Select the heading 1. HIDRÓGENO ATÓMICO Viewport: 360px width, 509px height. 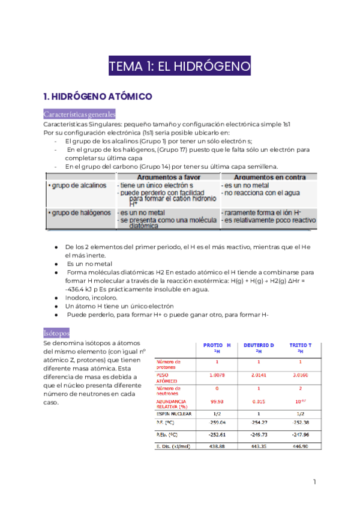coord(98,96)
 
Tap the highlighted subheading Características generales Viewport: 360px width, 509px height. coord(80,114)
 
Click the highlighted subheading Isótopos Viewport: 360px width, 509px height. coord(57,332)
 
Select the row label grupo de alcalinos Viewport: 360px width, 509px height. coord(77,186)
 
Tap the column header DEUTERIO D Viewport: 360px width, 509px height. coord(259,345)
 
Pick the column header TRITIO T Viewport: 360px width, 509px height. coord(300,345)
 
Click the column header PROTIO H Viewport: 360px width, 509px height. coord(217,345)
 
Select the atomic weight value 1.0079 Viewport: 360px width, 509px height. coord(217,375)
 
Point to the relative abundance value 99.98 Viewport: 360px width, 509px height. coord(217,402)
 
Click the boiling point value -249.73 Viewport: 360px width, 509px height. coord(259,433)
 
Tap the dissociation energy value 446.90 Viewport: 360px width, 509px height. coord(300,447)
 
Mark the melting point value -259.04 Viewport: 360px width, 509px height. coord(217,423)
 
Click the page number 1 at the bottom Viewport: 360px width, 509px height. coord(314,482)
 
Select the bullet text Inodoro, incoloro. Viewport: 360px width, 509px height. coord(92,297)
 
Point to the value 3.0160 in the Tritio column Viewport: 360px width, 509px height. coord(300,375)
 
